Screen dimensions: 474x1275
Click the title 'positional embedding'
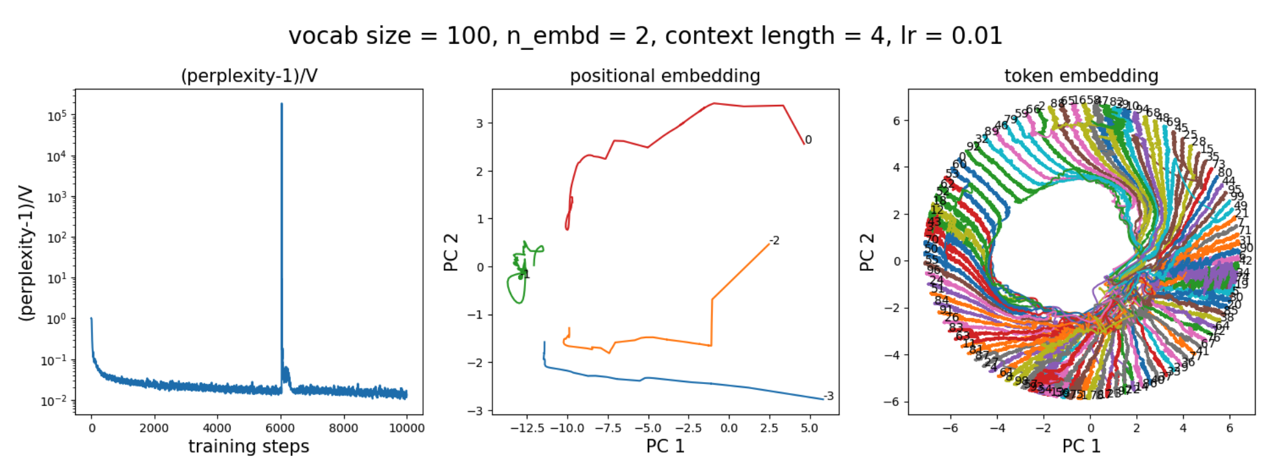pyautogui.click(x=665, y=76)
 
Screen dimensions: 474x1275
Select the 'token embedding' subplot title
pyautogui.click(x=1081, y=76)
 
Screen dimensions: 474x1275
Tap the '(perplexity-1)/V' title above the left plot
pyautogui.click(x=249, y=76)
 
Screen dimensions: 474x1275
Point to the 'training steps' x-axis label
pyautogui.click(x=249, y=447)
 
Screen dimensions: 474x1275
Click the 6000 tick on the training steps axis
pyautogui.click(x=280, y=428)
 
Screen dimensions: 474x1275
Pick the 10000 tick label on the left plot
pyautogui.click(x=406, y=428)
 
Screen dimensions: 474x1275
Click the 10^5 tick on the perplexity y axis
pyautogui.click(x=57, y=117)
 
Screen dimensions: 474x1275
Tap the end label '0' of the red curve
pyautogui.click(x=808, y=140)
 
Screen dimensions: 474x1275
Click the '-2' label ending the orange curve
pyautogui.click(x=774, y=241)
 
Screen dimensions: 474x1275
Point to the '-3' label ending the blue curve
pyautogui.click(x=828, y=396)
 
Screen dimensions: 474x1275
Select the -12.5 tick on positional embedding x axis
pyautogui.click(x=526, y=428)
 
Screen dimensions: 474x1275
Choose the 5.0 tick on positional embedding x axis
pyautogui.click(x=809, y=428)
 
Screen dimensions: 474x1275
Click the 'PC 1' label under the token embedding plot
pyautogui.click(x=1081, y=447)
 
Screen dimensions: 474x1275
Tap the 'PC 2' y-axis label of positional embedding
pyautogui.click(x=451, y=253)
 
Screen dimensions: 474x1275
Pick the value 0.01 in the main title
pyautogui.click(x=976, y=36)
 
